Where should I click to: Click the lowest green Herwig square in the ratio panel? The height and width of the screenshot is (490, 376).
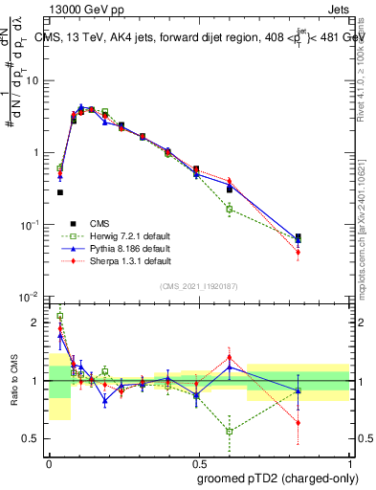(x=229, y=431)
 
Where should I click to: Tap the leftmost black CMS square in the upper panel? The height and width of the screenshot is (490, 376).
(x=60, y=192)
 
